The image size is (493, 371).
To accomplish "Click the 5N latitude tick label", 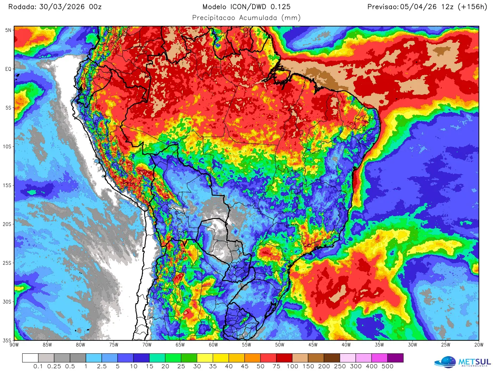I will (x=8, y=30).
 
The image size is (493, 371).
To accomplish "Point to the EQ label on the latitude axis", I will (x=8, y=69).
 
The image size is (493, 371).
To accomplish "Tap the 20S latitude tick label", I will (x=7, y=224).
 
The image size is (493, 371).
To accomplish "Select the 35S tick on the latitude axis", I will (x=7, y=341).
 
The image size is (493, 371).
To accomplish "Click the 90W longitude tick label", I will (x=14, y=345).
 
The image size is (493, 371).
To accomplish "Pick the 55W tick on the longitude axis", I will (x=246, y=345).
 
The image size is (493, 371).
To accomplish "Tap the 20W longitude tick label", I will (x=479, y=345).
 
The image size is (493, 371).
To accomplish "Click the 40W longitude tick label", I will (x=346, y=345).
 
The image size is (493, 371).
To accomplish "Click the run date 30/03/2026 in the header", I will (x=62, y=7).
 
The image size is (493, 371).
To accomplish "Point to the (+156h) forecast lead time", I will (x=472, y=7).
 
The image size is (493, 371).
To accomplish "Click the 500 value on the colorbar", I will (x=387, y=366).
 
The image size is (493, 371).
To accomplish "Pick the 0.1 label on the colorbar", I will (x=38, y=366).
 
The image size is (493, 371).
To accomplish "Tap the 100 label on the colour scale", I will (x=292, y=366).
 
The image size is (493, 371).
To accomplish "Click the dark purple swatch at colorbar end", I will (x=395, y=358).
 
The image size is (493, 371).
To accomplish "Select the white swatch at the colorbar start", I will (x=30, y=358).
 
